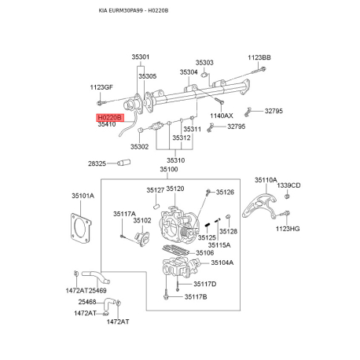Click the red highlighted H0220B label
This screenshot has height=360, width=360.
click(x=110, y=118)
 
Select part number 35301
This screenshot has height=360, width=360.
click(x=141, y=57)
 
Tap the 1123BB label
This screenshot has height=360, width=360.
click(x=259, y=57)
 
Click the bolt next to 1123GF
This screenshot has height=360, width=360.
click(x=101, y=103)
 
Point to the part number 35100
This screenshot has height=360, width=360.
click(x=169, y=169)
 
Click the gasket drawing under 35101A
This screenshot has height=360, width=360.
click(x=81, y=229)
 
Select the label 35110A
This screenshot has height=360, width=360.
click(x=266, y=180)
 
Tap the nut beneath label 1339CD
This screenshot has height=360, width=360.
click(x=287, y=197)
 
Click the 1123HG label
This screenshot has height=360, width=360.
click(x=288, y=229)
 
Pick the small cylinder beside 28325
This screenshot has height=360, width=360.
click(x=123, y=163)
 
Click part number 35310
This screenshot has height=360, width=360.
click(x=176, y=160)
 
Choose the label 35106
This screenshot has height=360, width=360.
click(x=205, y=253)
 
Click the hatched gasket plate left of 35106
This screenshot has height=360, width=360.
click(x=175, y=251)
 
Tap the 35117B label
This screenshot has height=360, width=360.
click(x=196, y=297)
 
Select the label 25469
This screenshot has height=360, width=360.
click(x=97, y=291)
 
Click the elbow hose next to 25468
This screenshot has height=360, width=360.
click(x=109, y=304)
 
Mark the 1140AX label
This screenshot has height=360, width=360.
click(x=222, y=116)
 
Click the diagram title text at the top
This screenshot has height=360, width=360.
click(x=134, y=11)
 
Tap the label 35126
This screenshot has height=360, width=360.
click(x=225, y=193)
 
